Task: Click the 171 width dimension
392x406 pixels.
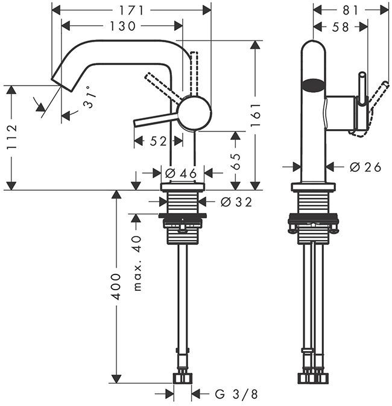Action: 131,11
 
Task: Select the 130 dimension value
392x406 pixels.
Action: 123,26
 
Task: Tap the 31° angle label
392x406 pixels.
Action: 90,97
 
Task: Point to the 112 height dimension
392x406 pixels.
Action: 11,137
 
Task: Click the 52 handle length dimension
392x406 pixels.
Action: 158,141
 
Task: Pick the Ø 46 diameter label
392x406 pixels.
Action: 181,173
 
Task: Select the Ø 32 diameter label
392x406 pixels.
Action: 236,202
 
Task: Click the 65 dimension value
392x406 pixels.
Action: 235,161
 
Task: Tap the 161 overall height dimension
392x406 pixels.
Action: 255,115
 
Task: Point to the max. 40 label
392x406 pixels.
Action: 138,263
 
